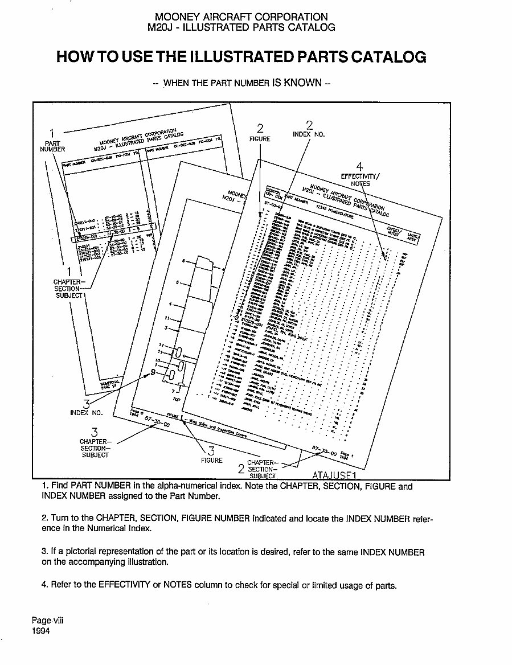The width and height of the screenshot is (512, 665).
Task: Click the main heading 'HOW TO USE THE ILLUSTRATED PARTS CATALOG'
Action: pos(241,57)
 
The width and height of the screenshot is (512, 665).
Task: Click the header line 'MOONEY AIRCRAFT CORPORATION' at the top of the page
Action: pos(241,17)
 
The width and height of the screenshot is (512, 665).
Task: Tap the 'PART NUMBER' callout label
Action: pos(52,146)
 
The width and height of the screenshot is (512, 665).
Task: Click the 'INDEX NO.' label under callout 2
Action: pos(308,135)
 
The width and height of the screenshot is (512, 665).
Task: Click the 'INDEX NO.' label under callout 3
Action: pos(87,413)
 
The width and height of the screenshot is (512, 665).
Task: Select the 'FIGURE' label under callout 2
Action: pos(260,138)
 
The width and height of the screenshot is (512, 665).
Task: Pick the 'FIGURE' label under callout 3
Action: pos(211,460)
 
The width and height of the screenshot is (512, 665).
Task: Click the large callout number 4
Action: pos(359,167)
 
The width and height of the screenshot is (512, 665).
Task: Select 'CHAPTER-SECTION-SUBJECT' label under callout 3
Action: pos(95,448)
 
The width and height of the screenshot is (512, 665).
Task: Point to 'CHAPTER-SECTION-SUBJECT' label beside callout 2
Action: pos(262,469)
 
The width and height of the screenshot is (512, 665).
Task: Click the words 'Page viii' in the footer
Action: pos(48,621)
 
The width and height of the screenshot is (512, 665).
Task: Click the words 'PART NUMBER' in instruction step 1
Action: pos(103,487)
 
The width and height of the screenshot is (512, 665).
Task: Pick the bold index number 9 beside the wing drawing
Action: pos(152,372)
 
